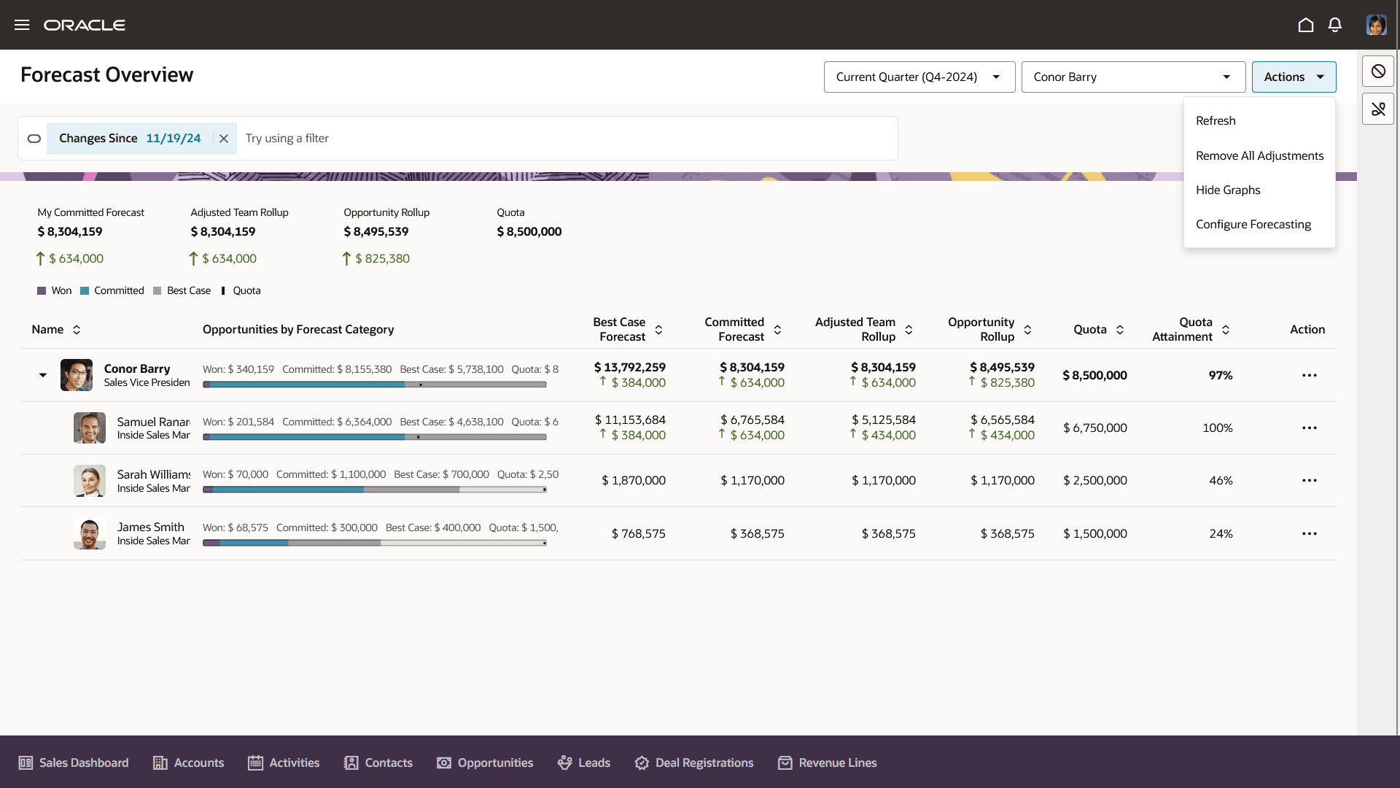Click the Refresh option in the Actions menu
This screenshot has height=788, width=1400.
click(x=1216, y=121)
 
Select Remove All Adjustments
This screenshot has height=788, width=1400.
click(x=1259, y=155)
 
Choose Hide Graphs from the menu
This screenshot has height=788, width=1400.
click(x=1228, y=190)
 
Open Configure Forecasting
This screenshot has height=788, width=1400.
click(x=1253, y=224)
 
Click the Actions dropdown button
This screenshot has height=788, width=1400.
click(x=1294, y=77)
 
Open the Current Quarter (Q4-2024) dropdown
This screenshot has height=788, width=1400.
click(x=919, y=77)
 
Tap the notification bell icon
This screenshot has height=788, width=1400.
click(x=1335, y=26)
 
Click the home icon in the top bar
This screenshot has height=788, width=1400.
click(x=1306, y=26)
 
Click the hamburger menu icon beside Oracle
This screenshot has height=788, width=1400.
click(x=22, y=26)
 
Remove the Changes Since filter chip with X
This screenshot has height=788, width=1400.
click(x=224, y=139)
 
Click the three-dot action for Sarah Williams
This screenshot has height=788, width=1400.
click(x=1310, y=481)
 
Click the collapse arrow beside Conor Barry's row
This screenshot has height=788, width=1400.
click(x=43, y=375)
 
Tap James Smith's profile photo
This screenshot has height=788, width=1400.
click(x=90, y=534)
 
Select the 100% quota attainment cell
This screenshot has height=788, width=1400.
click(x=1217, y=428)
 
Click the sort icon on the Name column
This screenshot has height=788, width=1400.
click(x=77, y=330)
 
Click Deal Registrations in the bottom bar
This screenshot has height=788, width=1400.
click(x=693, y=762)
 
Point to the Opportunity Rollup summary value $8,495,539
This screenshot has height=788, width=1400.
click(x=376, y=232)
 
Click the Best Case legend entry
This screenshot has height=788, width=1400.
click(x=182, y=290)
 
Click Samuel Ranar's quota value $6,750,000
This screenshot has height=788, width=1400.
click(x=1094, y=428)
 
